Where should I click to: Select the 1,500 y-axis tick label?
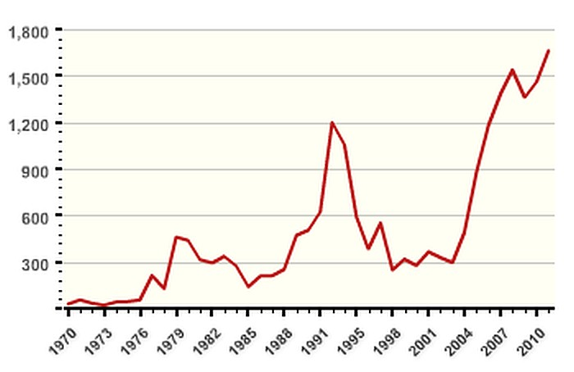(x=29, y=77)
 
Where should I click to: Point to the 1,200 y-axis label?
(x=29, y=124)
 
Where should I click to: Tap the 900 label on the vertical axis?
(x=35, y=170)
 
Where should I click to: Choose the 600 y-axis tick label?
(x=35, y=217)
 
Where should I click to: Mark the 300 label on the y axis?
(x=35, y=264)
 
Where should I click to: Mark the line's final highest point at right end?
(x=549, y=51)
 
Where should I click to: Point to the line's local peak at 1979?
(x=175, y=237)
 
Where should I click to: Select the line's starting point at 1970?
(x=68, y=304)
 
